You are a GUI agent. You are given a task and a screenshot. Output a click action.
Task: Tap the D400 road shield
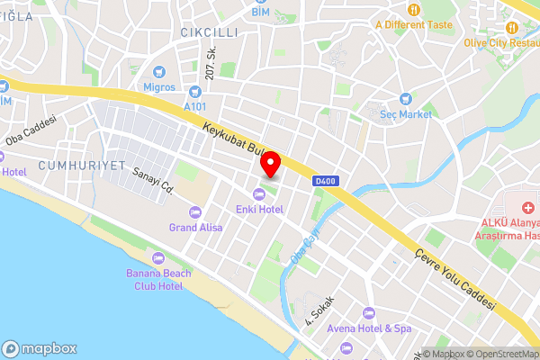(325, 181)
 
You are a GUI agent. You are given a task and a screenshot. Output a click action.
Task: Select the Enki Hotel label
(260, 209)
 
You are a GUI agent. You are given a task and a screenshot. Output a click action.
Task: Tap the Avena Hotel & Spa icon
(367, 312)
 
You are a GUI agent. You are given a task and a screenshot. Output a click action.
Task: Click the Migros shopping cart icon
(159, 71)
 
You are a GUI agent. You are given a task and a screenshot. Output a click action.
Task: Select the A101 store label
(194, 105)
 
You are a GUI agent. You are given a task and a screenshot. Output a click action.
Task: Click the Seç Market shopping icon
(405, 98)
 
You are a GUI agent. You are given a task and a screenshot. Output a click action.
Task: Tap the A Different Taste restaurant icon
(413, 10)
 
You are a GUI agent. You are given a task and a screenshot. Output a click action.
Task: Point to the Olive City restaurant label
(500, 41)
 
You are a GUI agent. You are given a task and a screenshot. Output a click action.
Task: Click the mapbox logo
(40, 348)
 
